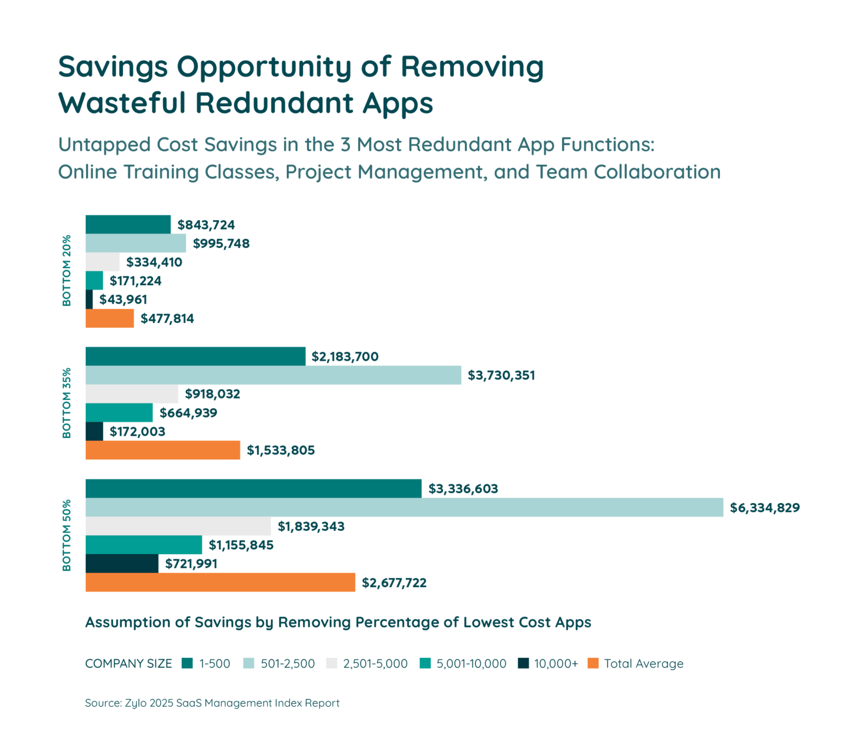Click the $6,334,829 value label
(764, 508)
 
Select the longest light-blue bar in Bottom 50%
(404, 508)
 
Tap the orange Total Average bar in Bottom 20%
(110, 319)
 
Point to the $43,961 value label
(123, 300)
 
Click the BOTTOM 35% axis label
(67, 403)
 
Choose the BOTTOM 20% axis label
(67, 271)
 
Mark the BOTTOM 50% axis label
(67, 535)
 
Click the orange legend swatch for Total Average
(593, 663)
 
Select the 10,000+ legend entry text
(556, 664)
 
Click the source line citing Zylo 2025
(212, 703)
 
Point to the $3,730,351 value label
(501, 376)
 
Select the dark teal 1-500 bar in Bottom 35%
(195, 356)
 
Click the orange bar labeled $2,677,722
(220, 582)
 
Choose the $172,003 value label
(137, 432)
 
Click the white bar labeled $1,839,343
(178, 526)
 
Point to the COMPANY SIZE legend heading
(128, 664)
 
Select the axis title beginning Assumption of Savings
(338, 622)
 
